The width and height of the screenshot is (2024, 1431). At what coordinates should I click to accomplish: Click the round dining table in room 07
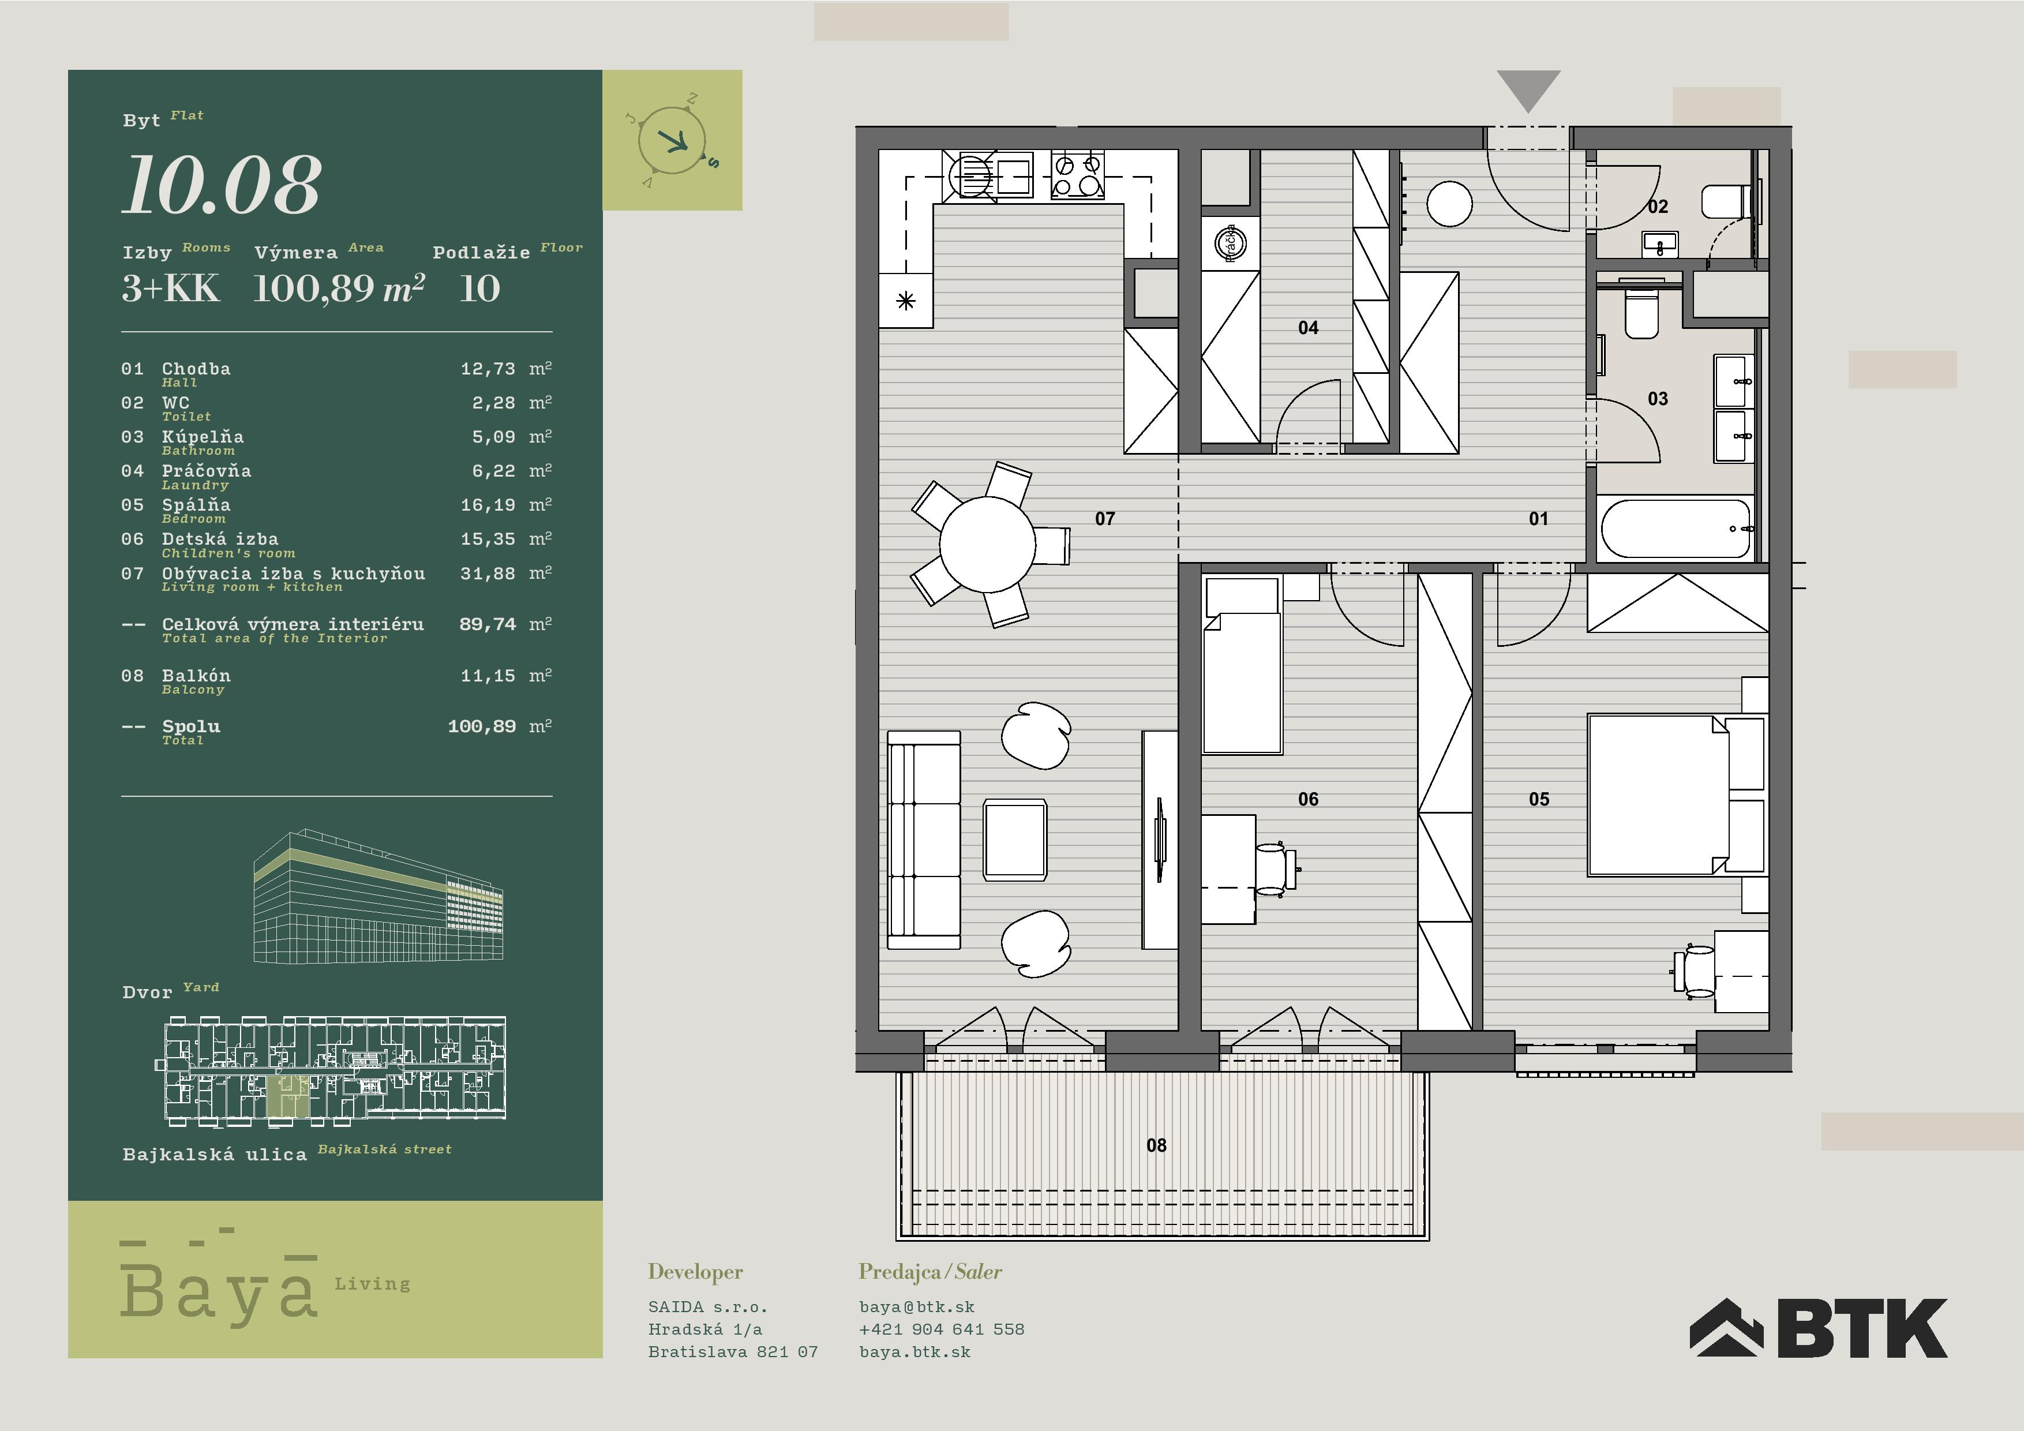tap(987, 544)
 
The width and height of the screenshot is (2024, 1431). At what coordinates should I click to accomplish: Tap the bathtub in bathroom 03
tap(1675, 529)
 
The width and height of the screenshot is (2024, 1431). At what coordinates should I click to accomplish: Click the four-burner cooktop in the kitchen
tap(1077, 175)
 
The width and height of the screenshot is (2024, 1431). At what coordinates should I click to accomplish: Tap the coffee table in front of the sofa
tap(1015, 840)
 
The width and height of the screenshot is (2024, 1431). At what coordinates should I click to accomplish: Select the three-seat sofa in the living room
tap(924, 840)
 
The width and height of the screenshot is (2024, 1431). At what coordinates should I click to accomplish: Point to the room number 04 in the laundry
tap(1308, 328)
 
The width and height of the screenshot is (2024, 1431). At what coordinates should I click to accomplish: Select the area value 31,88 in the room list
tap(488, 574)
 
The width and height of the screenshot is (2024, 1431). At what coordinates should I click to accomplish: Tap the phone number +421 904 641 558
tap(942, 1329)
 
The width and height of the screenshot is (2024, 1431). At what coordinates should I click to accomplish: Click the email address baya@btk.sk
tap(917, 1308)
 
